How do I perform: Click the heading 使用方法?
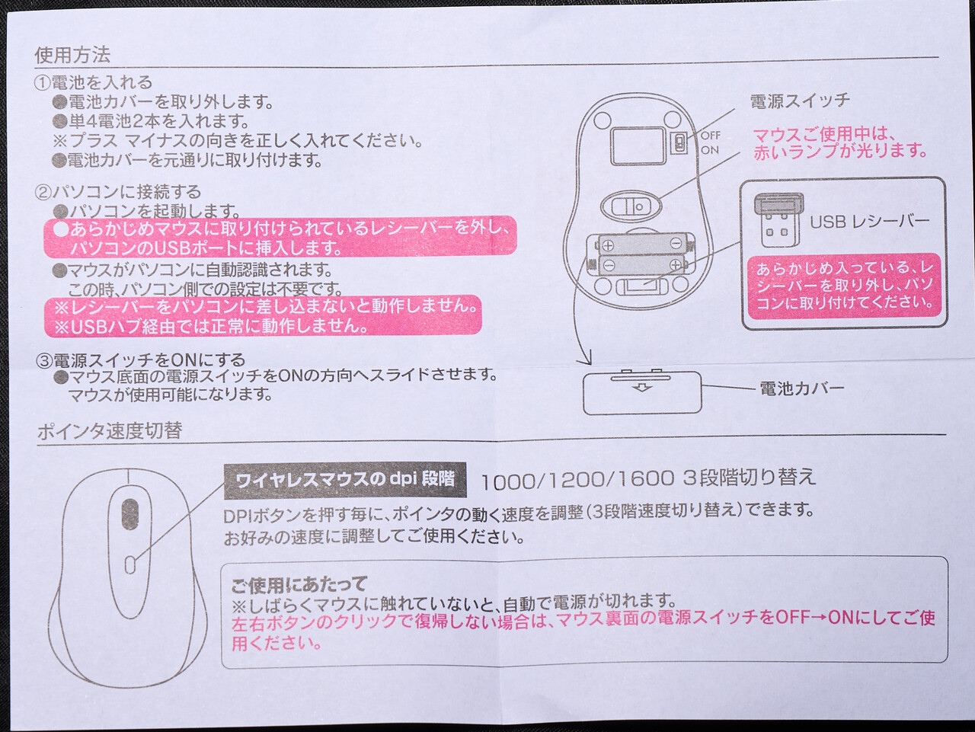72,55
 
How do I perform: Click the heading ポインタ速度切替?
110,430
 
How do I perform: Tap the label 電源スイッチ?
800,101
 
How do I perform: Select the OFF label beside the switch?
710,135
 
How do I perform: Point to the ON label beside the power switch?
709,150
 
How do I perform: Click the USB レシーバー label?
869,222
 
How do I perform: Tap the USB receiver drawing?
778,219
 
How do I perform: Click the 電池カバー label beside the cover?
802,388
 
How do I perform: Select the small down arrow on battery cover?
641,388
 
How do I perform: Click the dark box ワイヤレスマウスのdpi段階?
345,480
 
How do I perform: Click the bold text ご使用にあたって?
299,584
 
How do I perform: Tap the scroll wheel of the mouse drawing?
129,514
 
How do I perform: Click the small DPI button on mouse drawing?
130,564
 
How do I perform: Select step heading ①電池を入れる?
93,82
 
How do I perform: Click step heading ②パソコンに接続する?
118,192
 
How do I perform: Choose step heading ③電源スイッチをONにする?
140,360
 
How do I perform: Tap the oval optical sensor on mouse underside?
631,206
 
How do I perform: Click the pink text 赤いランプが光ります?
840,152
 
